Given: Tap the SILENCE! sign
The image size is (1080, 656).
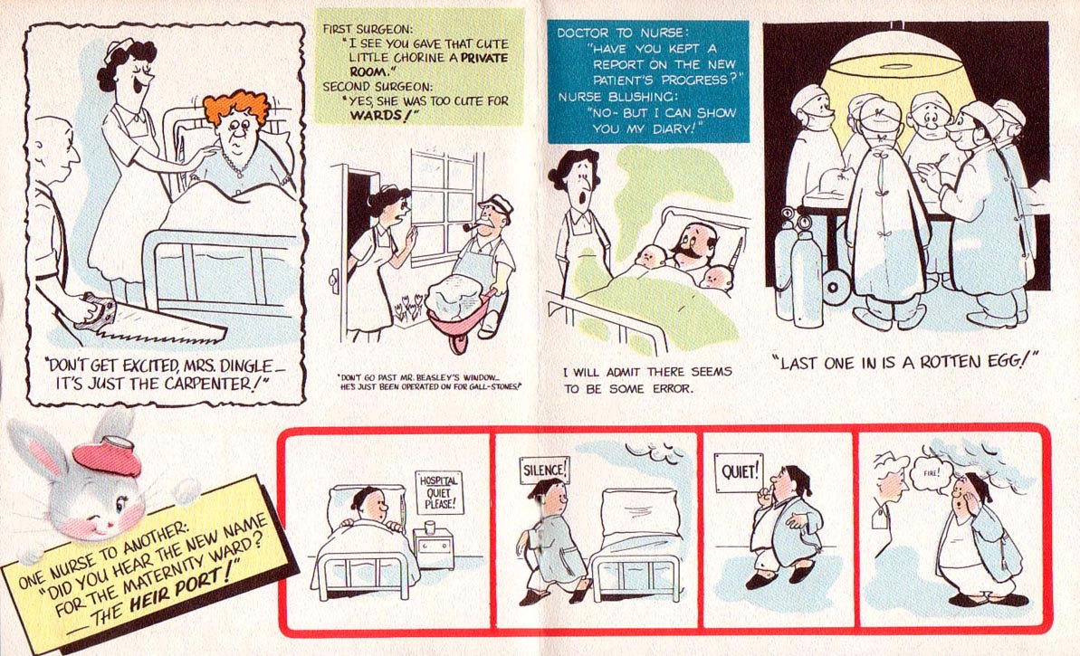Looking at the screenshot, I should click(546, 470).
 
